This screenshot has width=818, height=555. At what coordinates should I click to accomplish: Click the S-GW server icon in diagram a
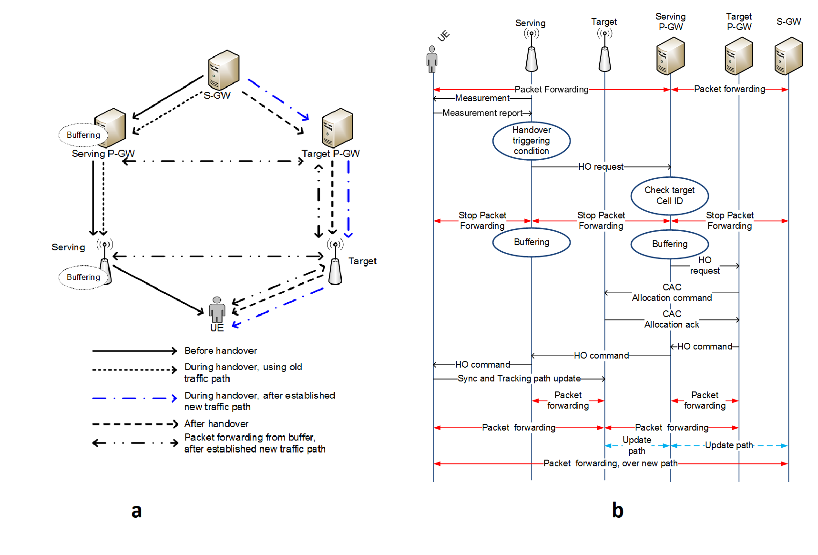tap(224, 70)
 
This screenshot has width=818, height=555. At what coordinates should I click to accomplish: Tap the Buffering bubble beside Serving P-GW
tap(83, 135)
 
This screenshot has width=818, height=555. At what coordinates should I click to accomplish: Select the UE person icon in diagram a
tap(217, 309)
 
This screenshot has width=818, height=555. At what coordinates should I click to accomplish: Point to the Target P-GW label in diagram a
tap(330, 154)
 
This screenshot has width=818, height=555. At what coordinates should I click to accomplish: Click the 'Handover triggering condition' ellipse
tap(531, 141)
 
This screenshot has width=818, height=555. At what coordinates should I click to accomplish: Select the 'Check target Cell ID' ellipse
tap(669, 195)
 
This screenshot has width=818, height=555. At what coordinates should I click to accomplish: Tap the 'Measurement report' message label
tap(482, 113)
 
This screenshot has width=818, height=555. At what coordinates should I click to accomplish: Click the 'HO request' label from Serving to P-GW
tap(601, 167)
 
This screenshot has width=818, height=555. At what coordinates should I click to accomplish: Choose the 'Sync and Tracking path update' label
tap(519, 379)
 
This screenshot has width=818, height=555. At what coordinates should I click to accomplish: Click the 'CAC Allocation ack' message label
tap(672, 319)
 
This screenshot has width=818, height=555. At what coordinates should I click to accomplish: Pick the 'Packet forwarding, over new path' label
tap(610, 463)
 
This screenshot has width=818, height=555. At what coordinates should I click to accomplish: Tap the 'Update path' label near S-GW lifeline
tap(729, 445)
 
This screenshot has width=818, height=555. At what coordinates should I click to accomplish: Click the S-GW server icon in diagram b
tap(788, 56)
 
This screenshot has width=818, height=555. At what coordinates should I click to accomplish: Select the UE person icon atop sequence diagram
tap(432, 59)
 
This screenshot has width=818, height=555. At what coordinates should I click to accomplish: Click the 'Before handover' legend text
tap(221, 351)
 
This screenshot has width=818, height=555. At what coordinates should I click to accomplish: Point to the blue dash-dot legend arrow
tap(134, 398)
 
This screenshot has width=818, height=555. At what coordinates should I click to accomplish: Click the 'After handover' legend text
tap(216, 424)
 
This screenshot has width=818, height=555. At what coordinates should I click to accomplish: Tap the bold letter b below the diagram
tap(617, 510)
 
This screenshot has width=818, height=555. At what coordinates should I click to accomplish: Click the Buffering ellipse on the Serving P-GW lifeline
tap(669, 244)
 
